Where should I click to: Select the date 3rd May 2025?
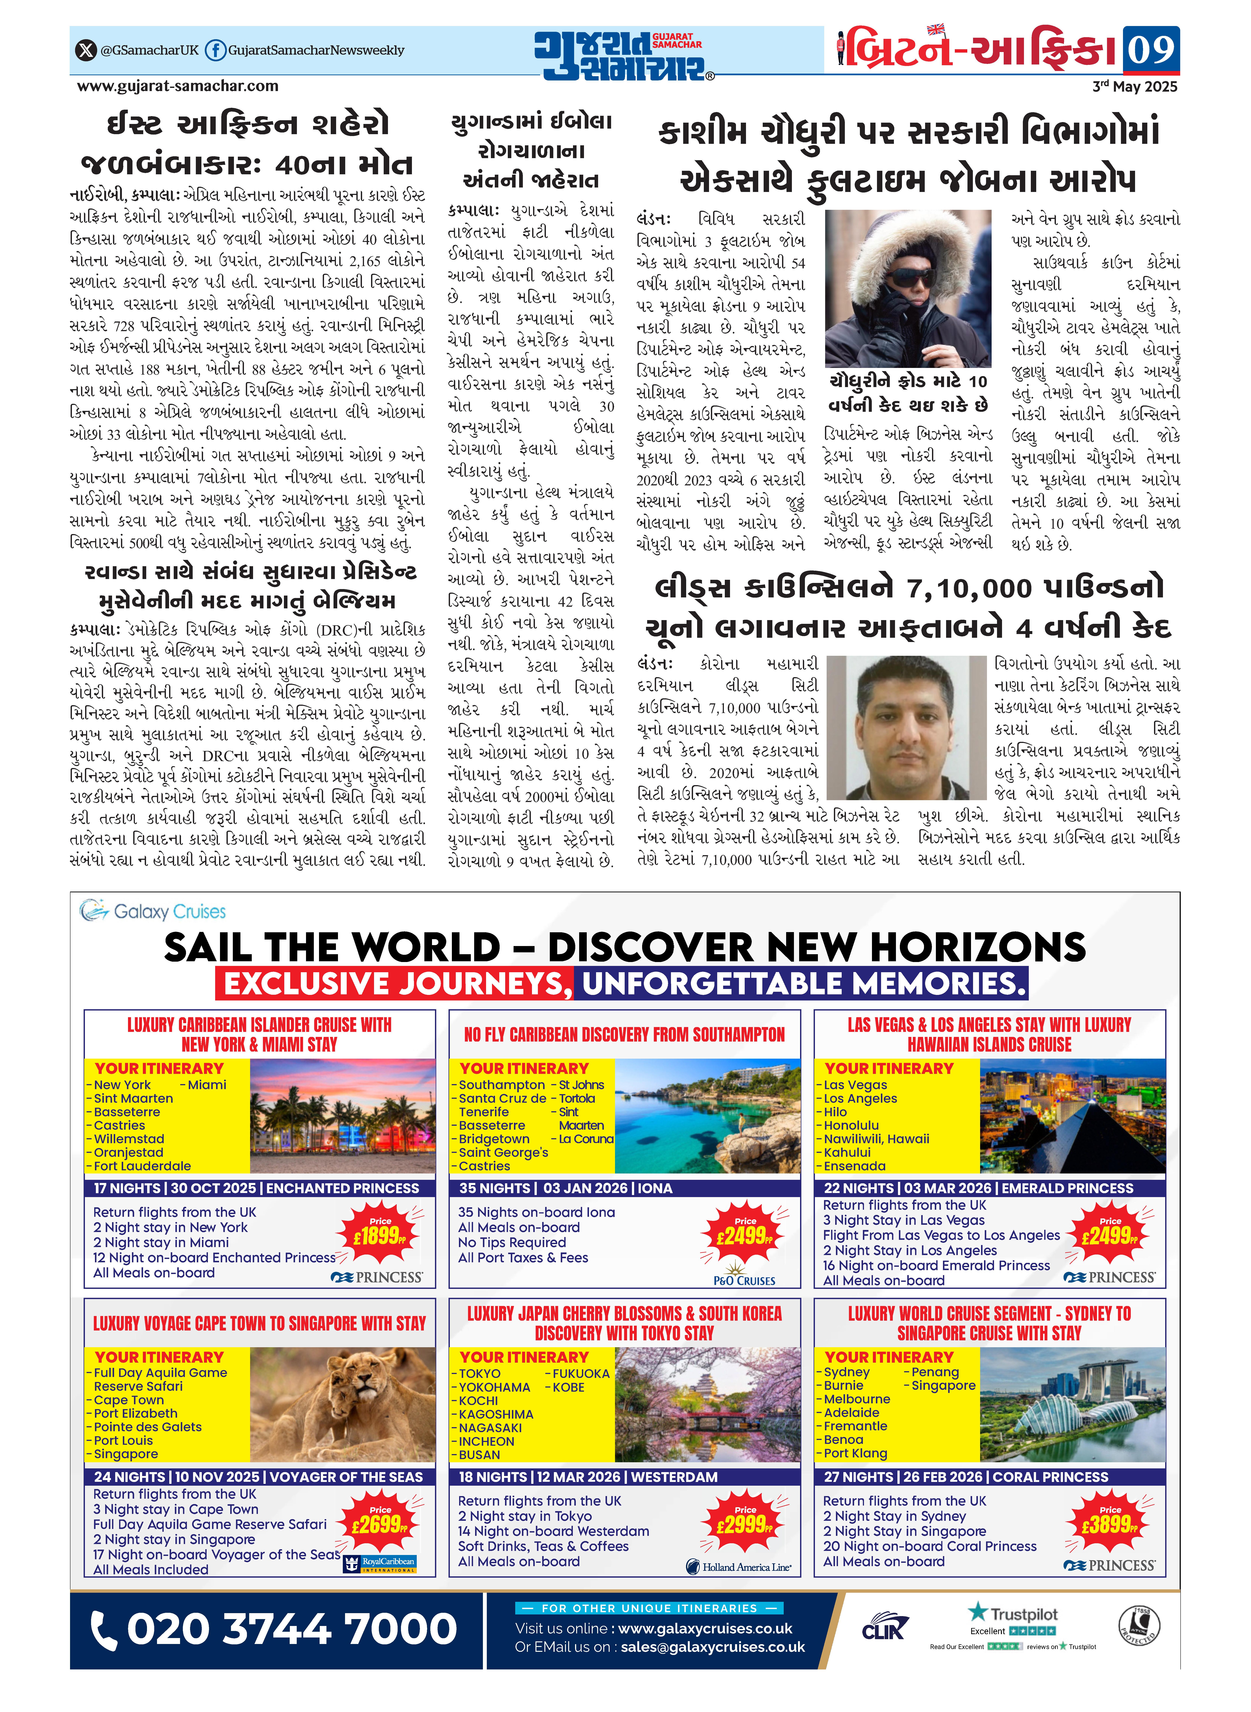(1134, 86)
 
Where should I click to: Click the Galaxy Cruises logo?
(153, 911)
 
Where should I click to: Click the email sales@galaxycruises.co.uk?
(712, 1647)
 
